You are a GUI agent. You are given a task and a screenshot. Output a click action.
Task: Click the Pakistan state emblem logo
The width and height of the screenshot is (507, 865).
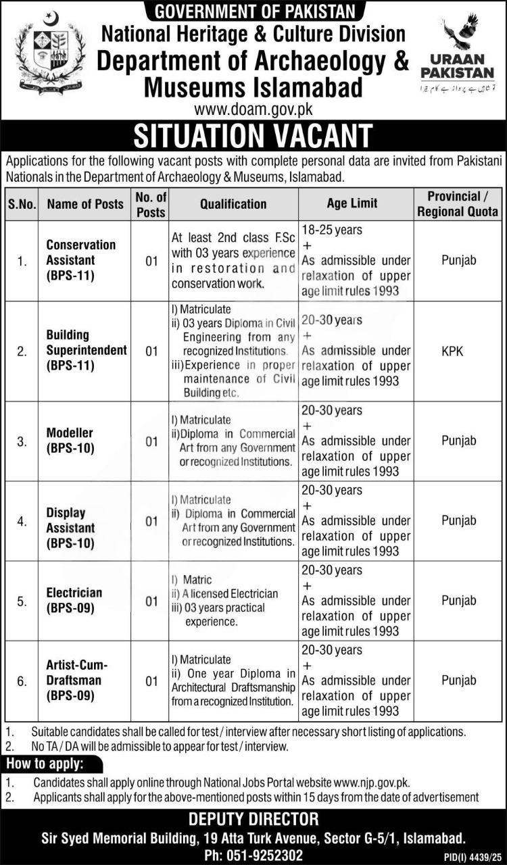click(50, 53)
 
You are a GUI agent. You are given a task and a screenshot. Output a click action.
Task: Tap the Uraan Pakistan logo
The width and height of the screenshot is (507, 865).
click(457, 54)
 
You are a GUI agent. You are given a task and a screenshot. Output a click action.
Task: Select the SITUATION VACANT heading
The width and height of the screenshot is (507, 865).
click(253, 135)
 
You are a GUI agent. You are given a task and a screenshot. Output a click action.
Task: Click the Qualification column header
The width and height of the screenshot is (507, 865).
click(233, 203)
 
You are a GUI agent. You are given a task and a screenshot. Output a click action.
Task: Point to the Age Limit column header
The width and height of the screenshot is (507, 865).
click(352, 203)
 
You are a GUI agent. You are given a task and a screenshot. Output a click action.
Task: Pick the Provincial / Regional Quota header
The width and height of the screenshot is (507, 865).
click(458, 203)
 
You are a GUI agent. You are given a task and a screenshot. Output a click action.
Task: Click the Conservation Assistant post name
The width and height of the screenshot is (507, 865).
click(80, 260)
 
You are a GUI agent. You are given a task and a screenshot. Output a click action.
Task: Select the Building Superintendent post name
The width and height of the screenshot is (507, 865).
click(86, 350)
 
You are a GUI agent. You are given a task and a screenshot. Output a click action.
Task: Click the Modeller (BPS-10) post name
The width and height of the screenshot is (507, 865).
click(70, 440)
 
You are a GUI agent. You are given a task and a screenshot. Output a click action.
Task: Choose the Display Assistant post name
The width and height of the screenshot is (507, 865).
click(70, 527)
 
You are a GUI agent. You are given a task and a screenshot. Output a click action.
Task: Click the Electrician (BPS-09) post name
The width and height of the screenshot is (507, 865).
click(74, 599)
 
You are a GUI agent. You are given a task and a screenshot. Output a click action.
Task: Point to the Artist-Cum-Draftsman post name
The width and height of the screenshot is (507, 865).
click(78, 679)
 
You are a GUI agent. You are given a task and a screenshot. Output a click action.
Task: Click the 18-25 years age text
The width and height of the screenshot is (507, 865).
click(332, 230)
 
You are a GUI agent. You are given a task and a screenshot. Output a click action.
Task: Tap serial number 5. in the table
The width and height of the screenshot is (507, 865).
click(22, 601)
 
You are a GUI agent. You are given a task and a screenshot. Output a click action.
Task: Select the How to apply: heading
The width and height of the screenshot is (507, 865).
click(45, 764)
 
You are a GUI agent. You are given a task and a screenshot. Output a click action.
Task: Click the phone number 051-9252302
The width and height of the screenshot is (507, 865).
click(254, 854)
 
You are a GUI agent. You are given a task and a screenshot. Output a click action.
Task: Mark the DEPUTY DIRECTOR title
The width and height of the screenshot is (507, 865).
click(254, 820)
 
